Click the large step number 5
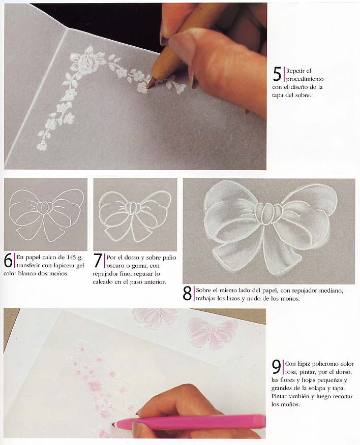tap(277, 74)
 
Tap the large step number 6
tap(8, 260)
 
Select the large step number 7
tap(98, 260)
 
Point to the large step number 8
tap(187, 294)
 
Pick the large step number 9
tap(277, 367)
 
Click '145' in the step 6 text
tap(71, 258)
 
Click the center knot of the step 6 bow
tap(44, 208)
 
